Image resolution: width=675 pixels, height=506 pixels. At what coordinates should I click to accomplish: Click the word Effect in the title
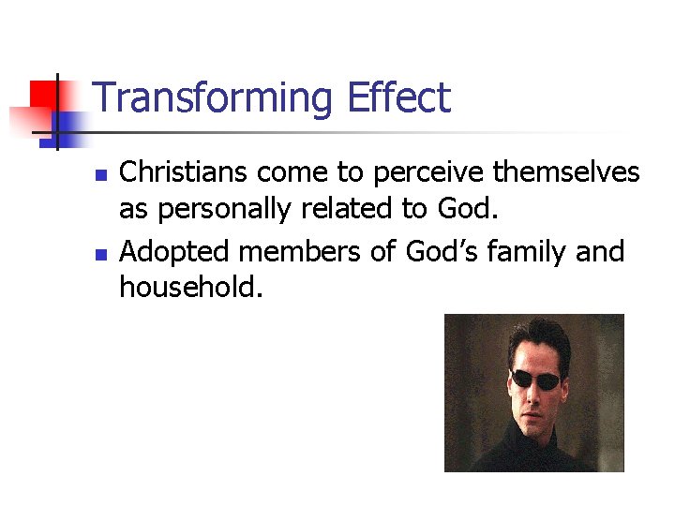pyautogui.click(x=398, y=97)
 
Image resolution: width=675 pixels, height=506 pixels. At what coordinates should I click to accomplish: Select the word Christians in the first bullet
pyautogui.click(x=184, y=172)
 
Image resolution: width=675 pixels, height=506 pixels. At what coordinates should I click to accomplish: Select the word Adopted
pyautogui.click(x=177, y=252)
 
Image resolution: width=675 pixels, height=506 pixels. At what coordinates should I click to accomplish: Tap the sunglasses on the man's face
pyautogui.click(x=535, y=379)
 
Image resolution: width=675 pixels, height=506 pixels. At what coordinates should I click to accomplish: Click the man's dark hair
pyautogui.click(x=536, y=337)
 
